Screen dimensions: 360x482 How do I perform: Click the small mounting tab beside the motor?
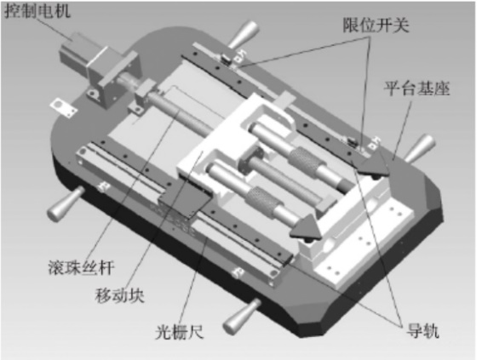click(x=59, y=106)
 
